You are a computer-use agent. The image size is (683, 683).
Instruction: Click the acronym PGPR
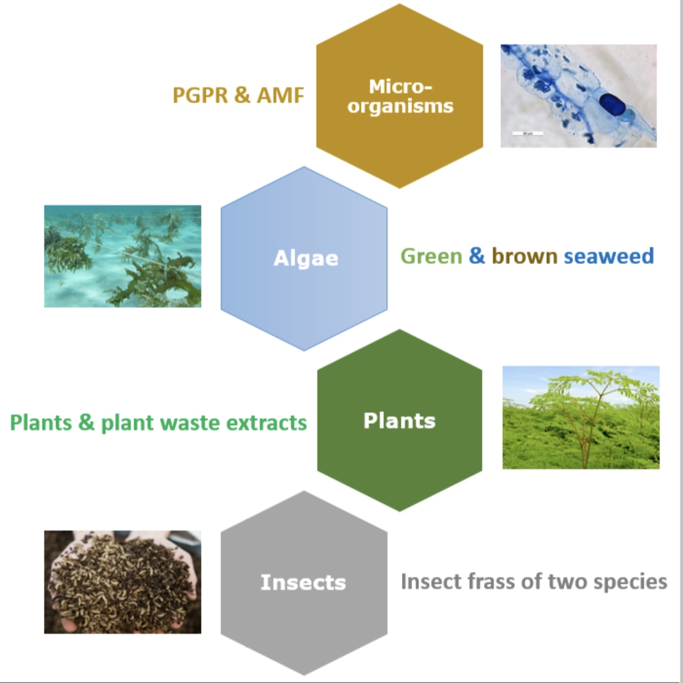click(x=200, y=95)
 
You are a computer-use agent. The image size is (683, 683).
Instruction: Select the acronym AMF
click(x=280, y=95)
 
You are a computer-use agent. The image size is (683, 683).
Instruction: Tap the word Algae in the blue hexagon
click(x=306, y=258)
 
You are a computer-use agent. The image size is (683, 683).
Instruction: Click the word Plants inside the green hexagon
click(x=399, y=420)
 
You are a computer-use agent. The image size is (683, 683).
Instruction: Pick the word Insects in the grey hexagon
click(x=303, y=582)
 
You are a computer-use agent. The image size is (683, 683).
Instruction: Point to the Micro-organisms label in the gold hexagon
click(x=400, y=96)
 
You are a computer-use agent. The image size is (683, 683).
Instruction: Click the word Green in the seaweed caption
click(x=431, y=256)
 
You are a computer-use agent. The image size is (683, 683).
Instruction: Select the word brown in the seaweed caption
click(x=524, y=256)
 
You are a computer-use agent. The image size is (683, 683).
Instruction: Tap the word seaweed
click(x=609, y=256)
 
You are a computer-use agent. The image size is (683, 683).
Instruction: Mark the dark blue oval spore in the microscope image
click(x=612, y=105)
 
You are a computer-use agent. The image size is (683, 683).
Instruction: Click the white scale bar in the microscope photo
click(x=527, y=134)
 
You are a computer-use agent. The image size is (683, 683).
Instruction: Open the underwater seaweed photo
click(x=122, y=256)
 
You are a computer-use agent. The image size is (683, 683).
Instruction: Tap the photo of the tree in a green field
click(x=581, y=417)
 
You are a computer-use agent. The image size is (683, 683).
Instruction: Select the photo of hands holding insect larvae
click(x=122, y=582)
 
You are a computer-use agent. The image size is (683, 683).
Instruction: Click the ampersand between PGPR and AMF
click(x=242, y=95)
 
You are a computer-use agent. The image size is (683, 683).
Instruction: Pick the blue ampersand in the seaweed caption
click(x=477, y=256)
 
